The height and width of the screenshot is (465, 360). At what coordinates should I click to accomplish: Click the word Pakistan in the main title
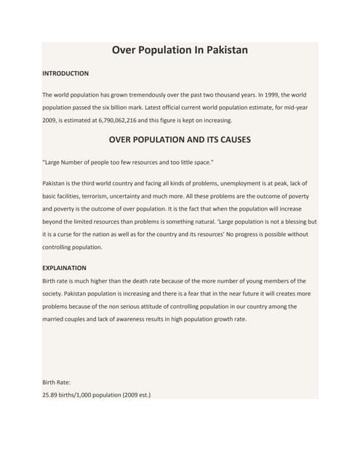(223, 51)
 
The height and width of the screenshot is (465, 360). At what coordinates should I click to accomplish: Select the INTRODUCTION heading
(65, 73)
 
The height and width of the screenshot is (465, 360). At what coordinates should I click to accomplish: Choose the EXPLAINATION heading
(65, 268)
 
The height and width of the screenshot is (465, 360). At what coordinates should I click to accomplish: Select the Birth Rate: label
(55, 382)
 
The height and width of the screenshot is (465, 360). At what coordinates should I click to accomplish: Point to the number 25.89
(52, 395)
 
